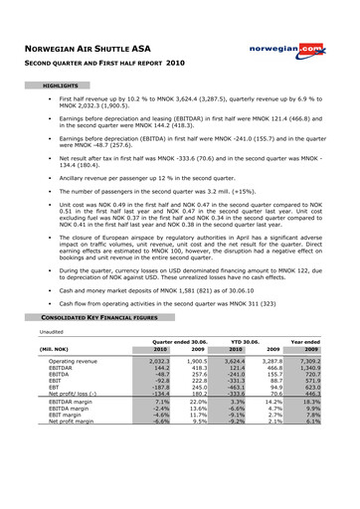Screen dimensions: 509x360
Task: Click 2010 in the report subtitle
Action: point(206,63)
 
